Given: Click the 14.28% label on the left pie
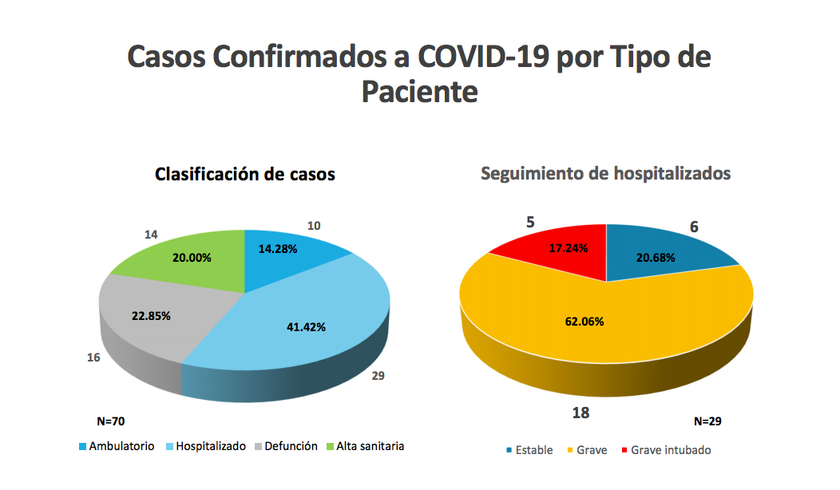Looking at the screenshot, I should pyautogui.click(x=278, y=249).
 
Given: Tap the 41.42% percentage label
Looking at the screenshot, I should pyautogui.click(x=306, y=326).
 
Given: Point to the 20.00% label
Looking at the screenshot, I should pyautogui.click(x=192, y=259).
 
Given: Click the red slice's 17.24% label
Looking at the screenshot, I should pyautogui.click(x=568, y=248).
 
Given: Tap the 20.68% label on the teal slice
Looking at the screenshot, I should pyautogui.click(x=656, y=258).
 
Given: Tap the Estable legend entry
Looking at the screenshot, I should pyautogui.click(x=529, y=450).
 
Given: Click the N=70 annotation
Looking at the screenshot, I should pyautogui.click(x=110, y=421).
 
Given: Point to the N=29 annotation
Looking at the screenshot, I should pyautogui.click(x=707, y=421).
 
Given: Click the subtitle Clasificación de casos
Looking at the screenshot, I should pyautogui.click(x=244, y=174).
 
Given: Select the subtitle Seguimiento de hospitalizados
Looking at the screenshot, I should pyautogui.click(x=605, y=173).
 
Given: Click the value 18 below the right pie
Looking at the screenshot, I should pyautogui.click(x=580, y=413).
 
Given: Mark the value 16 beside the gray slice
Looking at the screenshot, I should pyautogui.click(x=93, y=358).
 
